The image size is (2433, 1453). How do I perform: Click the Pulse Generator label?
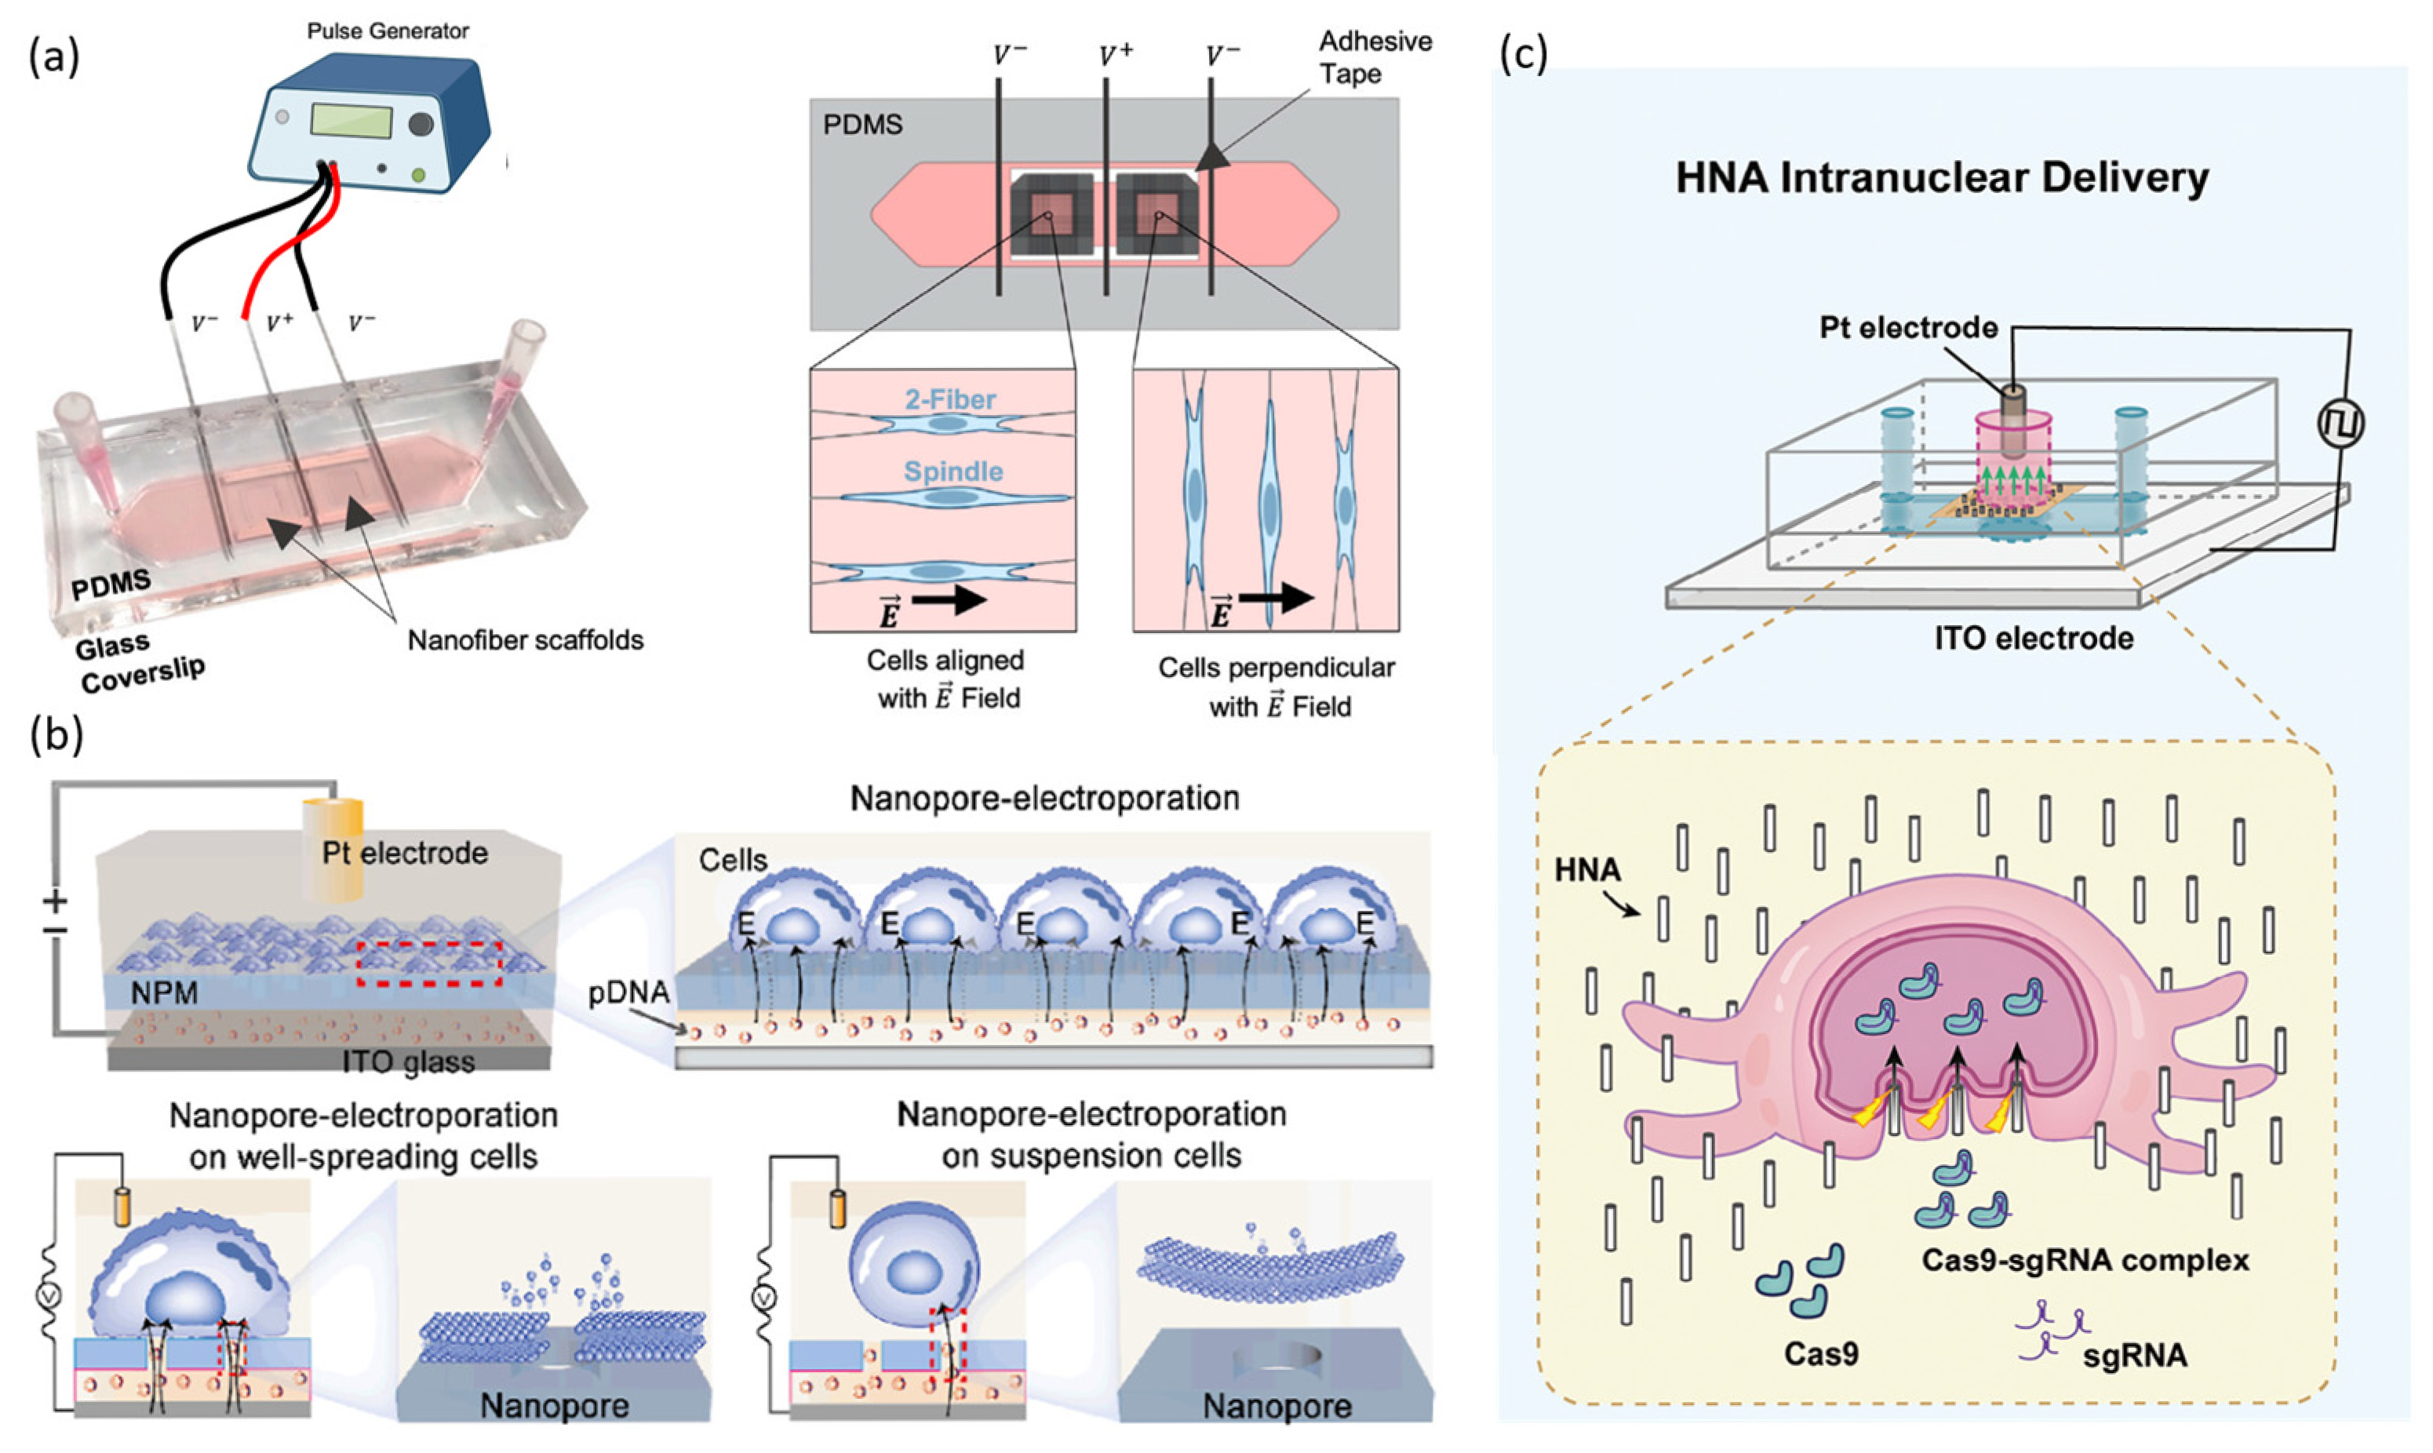[388, 31]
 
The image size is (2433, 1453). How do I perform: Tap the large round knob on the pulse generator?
[421, 123]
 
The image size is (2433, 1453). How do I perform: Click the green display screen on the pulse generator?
[351, 122]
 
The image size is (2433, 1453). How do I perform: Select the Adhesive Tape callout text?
[1374, 56]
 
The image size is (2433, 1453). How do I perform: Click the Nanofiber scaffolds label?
[525, 640]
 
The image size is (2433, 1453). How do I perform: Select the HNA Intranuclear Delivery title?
[1942, 178]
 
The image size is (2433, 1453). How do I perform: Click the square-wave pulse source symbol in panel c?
[2340, 423]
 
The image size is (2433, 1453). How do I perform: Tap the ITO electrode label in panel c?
[2034, 639]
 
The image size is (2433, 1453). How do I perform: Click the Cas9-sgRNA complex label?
[2085, 1259]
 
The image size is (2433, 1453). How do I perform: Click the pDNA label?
[628, 992]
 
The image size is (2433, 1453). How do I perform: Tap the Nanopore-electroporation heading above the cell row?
[1043, 798]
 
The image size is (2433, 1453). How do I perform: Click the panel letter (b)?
[56, 734]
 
